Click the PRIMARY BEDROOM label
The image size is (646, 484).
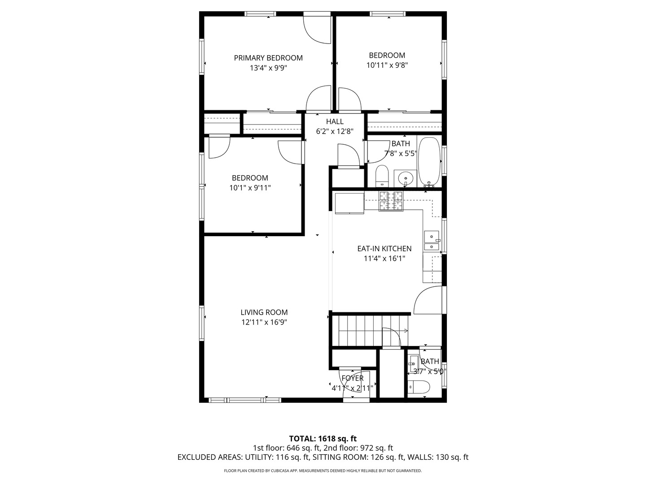click(x=268, y=58)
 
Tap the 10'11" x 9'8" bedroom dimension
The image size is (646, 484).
click(x=387, y=65)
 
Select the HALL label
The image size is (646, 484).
click(x=335, y=121)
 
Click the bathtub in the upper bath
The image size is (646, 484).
click(x=430, y=162)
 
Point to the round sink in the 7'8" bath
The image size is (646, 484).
click(x=406, y=178)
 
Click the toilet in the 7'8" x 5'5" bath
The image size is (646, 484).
click(x=382, y=176)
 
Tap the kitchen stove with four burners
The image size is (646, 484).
click(x=391, y=201)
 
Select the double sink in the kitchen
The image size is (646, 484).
click(x=432, y=241)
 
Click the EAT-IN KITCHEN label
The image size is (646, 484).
click(x=384, y=248)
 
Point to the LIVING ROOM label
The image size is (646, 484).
click(x=264, y=312)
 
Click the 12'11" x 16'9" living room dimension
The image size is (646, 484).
click(x=264, y=322)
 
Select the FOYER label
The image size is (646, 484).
click(x=352, y=378)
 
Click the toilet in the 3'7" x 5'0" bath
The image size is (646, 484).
click(x=419, y=387)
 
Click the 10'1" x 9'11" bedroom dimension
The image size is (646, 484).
click(x=250, y=188)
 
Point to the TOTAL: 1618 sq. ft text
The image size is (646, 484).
click(x=323, y=438)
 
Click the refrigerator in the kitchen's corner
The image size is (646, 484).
click(x=349, y=203)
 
